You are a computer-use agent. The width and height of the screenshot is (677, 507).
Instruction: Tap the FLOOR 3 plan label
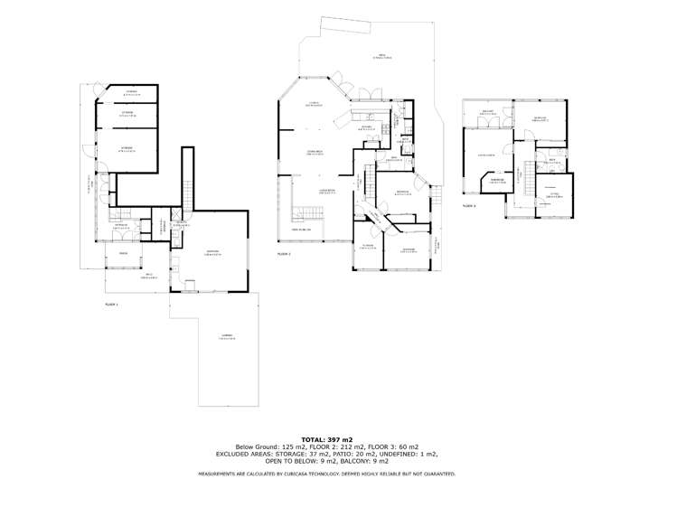coord(469,206)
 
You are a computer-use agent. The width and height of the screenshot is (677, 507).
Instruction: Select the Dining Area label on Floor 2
coord(315,154)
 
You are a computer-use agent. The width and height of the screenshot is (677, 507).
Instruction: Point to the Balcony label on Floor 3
coord(488,113)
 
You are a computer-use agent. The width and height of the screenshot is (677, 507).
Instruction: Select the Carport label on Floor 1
coord(227,338)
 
